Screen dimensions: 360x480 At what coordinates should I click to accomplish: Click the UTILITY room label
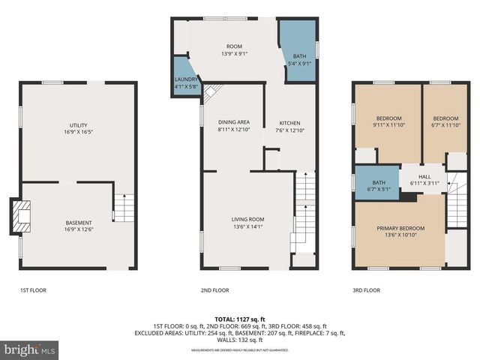[78, 127]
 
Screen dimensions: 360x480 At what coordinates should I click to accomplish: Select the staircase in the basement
[124, 208]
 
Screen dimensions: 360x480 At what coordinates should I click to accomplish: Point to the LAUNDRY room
[186, 82]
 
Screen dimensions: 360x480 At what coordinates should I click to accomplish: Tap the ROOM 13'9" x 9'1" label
[234, 49]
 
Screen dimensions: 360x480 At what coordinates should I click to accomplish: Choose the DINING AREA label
[233, 126]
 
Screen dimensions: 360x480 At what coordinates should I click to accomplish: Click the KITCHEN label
[289, 126]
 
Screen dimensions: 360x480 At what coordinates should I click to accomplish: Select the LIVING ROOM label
[247, 223]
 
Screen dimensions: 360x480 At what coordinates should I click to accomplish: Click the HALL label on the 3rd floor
[424, 179]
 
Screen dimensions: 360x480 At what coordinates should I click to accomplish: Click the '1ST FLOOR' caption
[33, 289]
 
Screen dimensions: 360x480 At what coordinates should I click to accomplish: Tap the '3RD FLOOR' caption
[366, 289]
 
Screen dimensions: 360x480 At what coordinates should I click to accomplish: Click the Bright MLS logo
[30, 349]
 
